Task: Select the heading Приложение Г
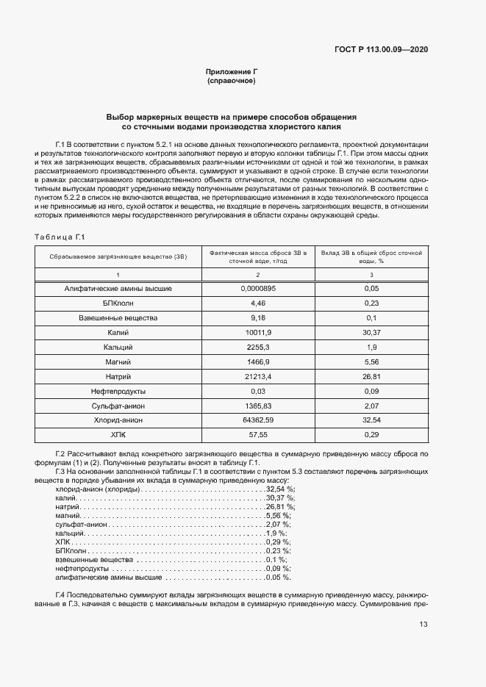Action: pos(231,72)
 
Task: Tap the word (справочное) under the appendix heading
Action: pos(231,81)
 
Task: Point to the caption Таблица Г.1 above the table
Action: pos(62,237)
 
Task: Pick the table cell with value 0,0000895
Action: pos(258,289)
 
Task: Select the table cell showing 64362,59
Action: pos(258,420)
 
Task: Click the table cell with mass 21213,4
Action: pos(258,375)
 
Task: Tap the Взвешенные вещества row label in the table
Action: pos(118,317)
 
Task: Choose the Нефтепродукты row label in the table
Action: pos(118,390)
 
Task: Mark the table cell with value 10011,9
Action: pos(258,332)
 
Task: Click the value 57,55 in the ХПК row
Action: pos(258,434)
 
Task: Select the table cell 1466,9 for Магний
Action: pos(258,362)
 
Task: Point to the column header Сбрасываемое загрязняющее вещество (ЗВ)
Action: pos(118,256)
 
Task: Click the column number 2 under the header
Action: pos(258,274)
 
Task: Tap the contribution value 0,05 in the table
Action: pos(371,289)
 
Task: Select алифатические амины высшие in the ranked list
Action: pos(99,578)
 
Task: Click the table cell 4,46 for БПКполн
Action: pos(258,303)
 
